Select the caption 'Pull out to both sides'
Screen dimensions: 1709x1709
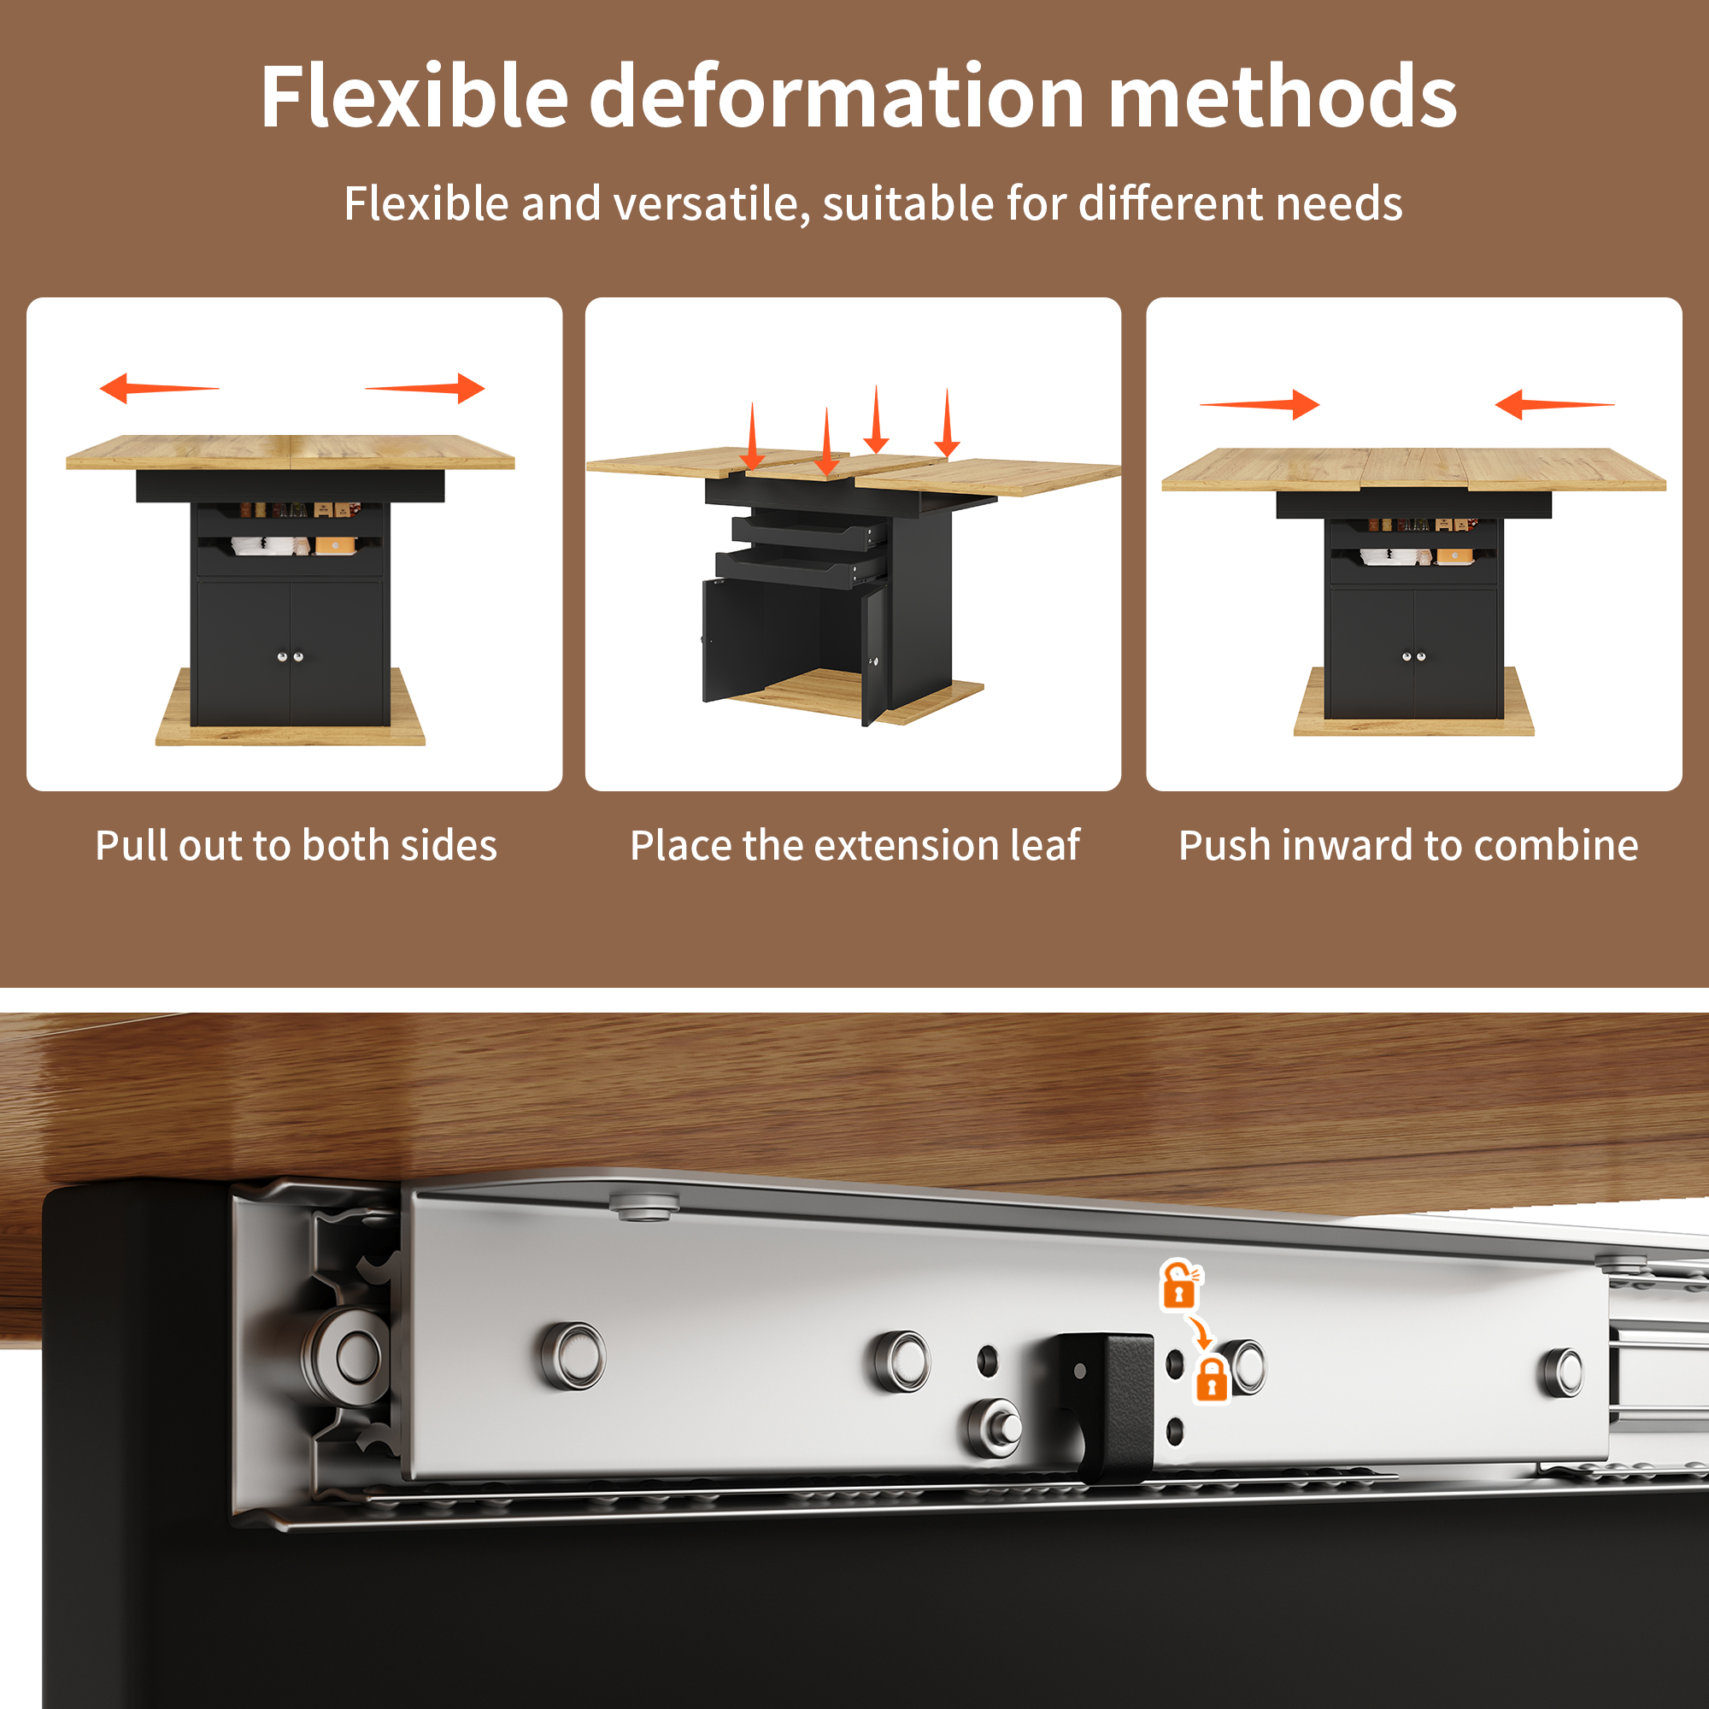click(297, 845)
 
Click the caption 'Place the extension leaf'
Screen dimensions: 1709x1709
click(854, 845)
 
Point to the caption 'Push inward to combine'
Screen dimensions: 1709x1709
click(1408, 845)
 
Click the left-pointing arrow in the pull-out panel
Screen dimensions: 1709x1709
click(159, 387)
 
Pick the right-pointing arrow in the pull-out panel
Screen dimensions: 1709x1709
click(425, 387)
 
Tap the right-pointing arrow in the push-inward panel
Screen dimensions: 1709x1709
click(1260, 404)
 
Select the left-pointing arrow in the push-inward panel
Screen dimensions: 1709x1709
click(1554, 404)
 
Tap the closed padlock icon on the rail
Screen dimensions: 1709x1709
click(1212, 1380)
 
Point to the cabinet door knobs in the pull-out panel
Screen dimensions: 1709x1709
click(291, 656)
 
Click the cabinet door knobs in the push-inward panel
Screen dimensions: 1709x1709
click(1413, 656)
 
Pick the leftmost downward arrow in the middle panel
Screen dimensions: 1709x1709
click(753, 436)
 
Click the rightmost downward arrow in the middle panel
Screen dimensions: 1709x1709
click(948, 423)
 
